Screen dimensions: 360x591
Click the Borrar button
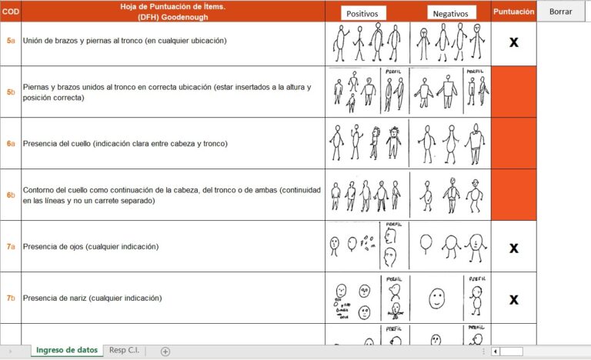click(x=560, y=12)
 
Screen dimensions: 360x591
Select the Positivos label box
click(x=362, y=13)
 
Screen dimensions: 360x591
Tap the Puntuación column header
click(x=513, y=12)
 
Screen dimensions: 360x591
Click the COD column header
click(x=10, y=12)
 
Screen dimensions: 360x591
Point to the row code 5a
click(x=10, y=40)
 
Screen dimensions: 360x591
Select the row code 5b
click(x=10, y=92)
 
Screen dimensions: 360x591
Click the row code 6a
click(x=10, y=144)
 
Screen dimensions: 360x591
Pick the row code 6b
click(x=10, y=195)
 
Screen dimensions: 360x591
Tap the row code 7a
click(x=10, y=247)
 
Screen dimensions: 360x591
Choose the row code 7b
click(x=10, y=298)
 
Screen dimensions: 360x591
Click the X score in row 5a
click(x=513, y=42)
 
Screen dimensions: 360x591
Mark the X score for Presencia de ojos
click(x=513, y=248)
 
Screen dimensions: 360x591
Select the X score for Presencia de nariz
click(x=513, y=299)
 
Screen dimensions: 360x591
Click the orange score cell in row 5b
click(x=513, y=92)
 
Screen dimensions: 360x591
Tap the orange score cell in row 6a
click(x=513, y=144)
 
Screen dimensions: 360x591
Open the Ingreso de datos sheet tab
click(x=68, y=350)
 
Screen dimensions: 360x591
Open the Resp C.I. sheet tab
click(x=125, y=350)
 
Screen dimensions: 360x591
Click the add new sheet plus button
click(x=165, y=351)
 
